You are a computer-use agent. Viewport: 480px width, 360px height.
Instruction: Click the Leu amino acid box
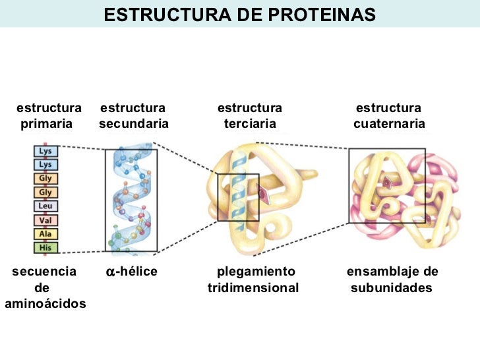(x=45, y=206)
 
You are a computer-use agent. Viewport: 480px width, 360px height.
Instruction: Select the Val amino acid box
(x=45, y=220)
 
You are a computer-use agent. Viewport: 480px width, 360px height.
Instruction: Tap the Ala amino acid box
(x=45, y=233)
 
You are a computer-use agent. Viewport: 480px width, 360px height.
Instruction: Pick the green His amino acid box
(x=45, y=247)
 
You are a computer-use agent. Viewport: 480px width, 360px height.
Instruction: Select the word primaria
(x=46, y=124)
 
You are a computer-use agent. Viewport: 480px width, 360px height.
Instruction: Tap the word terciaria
(x=250, y=124)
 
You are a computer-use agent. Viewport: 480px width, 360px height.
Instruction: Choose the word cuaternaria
(x=389, y=124)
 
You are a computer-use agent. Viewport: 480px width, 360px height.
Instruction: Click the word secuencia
(x=44, y=272)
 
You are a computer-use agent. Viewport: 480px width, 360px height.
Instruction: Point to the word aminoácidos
(x=45, y=303)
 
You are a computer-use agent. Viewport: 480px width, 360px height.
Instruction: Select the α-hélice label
(x=131, y=272)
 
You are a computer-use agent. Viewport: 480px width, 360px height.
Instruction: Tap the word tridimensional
(x=253, y=288)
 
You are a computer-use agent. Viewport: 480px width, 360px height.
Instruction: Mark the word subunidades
(x=391, y=288)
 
